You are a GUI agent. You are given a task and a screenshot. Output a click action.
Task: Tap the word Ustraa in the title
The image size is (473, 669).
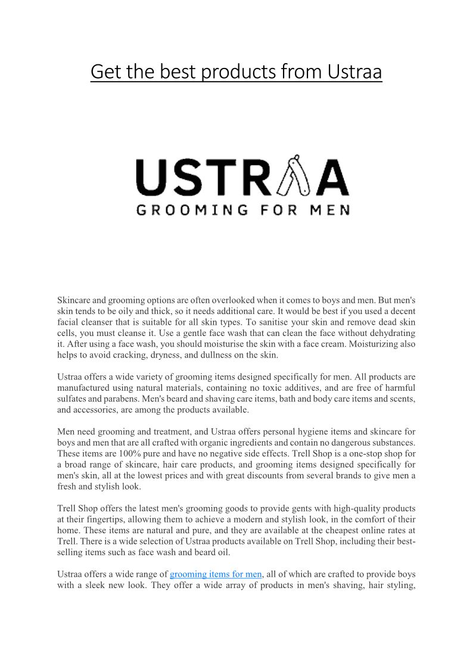point(354,72)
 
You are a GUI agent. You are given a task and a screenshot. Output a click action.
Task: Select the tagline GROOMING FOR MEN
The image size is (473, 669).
point(242,210)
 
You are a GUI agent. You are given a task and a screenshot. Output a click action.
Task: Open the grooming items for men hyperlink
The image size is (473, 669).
point(216,574)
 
